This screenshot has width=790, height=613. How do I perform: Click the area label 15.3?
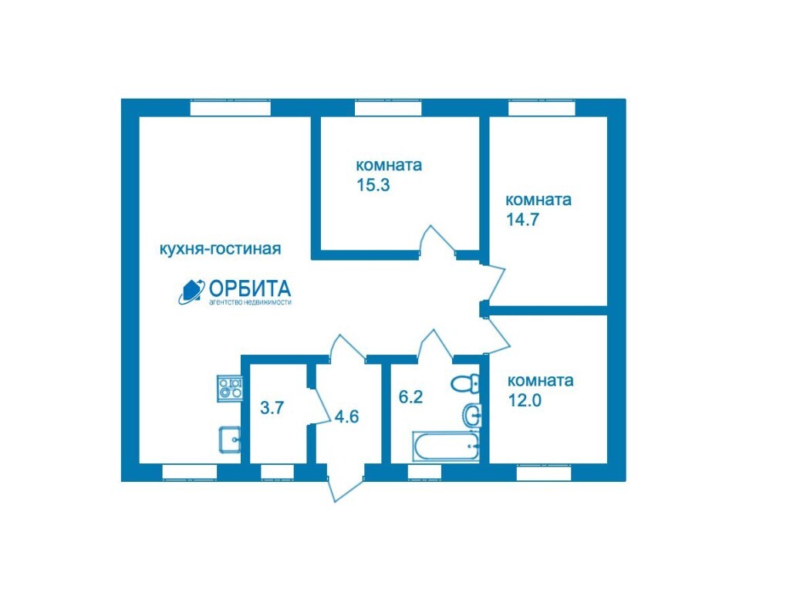pyautogui.click(x=373, y=185)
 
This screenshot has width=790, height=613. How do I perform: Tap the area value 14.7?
pyautogui.click(x=522, y=220)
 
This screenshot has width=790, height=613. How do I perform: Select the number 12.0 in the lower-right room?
pyautogui.click(x=525, y=400)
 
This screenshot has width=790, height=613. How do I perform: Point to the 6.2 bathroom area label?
pyautogui.click(x=410, y=397)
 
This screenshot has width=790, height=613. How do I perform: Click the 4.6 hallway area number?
pyautogui.click(x=346, y=416)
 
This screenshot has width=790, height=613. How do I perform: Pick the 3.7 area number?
pyautogui.click(x=272, y=407)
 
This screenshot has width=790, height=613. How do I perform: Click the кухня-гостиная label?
pyautogui.click(x=220, y=249)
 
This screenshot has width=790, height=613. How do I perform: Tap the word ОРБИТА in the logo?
pyautogui.click(x=249, y=288)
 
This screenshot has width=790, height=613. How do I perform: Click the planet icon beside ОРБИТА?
pyautogui.click(x=191, y=291)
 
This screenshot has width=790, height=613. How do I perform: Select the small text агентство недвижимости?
pyautogui.click(x=250, y=303)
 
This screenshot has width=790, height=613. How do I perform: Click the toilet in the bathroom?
pyautogui.click(x=465, y=384)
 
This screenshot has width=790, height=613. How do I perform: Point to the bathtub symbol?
pyautogui.click(x=445, y=446)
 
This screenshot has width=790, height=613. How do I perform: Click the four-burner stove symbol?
pyautogui.click(x=230, y=389)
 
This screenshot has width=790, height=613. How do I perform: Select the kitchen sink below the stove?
pyautogui.click(x=230, y=440)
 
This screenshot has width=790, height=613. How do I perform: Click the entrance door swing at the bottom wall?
pyautogui.click(x=346, y=483)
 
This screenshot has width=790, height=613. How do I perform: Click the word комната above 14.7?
pyautogui.click(x=538, y=200)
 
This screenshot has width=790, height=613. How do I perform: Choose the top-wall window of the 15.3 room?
pyautogui.click(x=388, y=108)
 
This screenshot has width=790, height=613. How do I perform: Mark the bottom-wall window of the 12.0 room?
pyautogui.click(x=544, y=473)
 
